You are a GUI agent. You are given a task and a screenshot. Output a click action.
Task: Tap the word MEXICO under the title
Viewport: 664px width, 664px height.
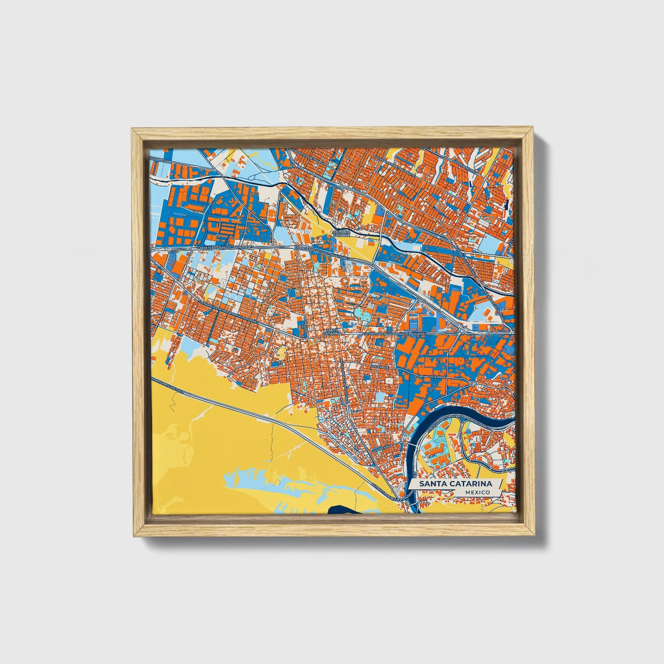[477, 492]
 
